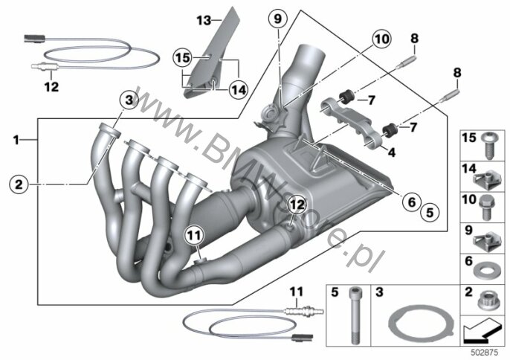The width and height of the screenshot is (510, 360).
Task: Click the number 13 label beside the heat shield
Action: click(204, 21)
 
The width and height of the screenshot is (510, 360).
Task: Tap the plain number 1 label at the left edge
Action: click(16, 140)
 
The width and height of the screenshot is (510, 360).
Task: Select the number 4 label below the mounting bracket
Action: click(392, 152)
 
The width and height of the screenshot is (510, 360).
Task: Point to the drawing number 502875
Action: click(485, 353)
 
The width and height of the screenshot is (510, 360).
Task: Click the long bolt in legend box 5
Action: click(354, 315)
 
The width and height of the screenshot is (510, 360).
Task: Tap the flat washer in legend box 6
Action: click(485, 270)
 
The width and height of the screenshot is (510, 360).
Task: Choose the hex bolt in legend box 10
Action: click(487, 208)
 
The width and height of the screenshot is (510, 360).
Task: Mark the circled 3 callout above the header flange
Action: click(129, 100)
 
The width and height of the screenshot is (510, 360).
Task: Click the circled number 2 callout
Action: click(19, 184)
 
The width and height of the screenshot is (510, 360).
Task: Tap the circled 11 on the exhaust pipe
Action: click(194, 235)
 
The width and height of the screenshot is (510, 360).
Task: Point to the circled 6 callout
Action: click(412, 202)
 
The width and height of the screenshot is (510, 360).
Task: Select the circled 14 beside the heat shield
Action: click(239, 89)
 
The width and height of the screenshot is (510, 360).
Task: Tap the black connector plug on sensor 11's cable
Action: click(302, 338)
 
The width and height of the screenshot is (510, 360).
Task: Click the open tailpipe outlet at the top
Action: click(312, 51)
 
